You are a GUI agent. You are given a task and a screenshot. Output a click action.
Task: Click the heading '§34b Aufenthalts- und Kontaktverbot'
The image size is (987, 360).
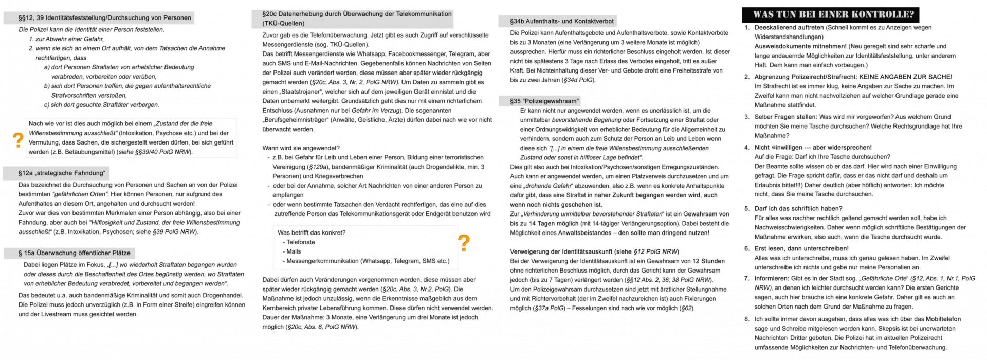click(561, 21)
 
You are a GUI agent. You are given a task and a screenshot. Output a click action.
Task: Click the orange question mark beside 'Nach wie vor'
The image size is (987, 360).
click(19, 139)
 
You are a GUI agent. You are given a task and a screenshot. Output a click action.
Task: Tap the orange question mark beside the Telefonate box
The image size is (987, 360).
click(464, 242)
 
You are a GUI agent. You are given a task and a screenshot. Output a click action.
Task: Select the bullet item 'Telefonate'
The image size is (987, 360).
click(301, 242)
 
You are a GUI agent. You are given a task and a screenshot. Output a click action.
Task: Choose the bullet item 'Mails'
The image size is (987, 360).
click(294, 251)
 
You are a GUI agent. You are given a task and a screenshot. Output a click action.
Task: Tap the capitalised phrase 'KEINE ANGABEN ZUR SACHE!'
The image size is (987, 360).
click(906, 77)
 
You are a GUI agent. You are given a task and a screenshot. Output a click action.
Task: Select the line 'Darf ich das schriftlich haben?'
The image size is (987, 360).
click(798, 208)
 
